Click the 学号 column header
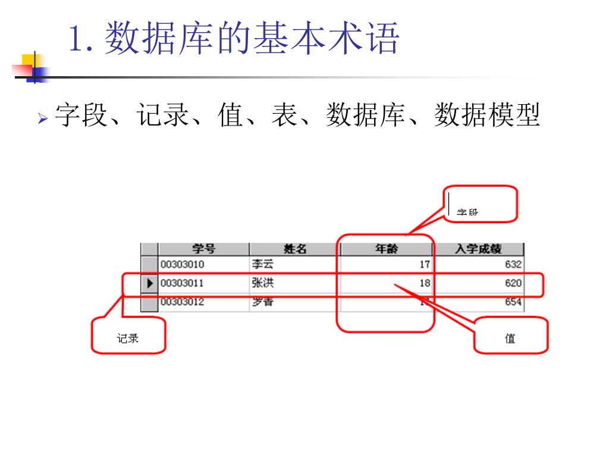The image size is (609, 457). [x=203, y=249]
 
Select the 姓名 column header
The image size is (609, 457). [x=294, y=249]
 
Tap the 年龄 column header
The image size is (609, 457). [x=387, y=249]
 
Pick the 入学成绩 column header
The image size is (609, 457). [x=478, y=249]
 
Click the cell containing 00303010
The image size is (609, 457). [x=182, y=264]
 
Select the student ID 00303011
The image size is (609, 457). [x=182, y=283]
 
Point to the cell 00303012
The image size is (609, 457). [x=182, y=302]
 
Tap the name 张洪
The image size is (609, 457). [x=262, y=283]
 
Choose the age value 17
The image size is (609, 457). [x=425, y=264]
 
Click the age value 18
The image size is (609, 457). [x=425, y=283]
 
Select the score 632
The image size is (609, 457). [x=513, y=264]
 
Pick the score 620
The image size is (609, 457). [x=513, y=283]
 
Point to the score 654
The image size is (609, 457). [x=513, y=302]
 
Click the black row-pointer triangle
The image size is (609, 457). [x=150, y=283]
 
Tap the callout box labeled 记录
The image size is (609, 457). [x=128, y=336]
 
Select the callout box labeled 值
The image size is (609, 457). [x=510, y=336]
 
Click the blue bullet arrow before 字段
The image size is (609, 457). [x=42, y=119]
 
